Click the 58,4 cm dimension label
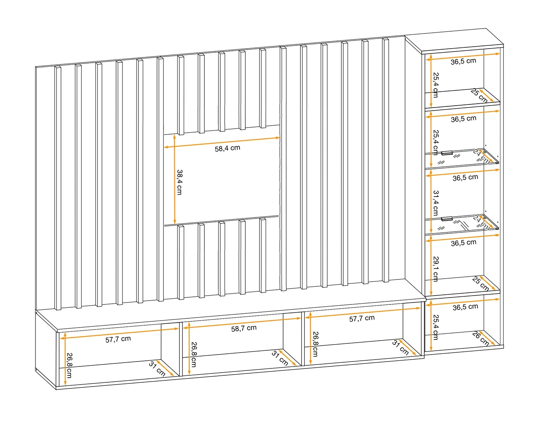click(x=228, y=148)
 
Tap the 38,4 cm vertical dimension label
click(x=179, y=182)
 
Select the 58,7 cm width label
click(x=244, y=328)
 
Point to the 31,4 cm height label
click(x=436, y=203)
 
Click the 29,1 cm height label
click(x=436, y=269)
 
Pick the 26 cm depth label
click(x=481, y=339)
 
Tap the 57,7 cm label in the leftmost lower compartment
click(x=118, y=340)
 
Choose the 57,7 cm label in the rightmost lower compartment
click(x=362, y=318)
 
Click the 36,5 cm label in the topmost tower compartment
click(x=464, y=61)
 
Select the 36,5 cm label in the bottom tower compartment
click(x=465, y=307)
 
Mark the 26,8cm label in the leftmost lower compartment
click(x=69, y=365)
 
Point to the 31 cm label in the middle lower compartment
click(x=280, y=358)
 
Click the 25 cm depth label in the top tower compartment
click(x=479, y=96)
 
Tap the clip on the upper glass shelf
click(x=447, y=153)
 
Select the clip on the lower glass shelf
click(x=447, y=219)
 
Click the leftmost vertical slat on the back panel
click(x=58, y=188)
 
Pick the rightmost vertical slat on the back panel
click(x=386, y=160)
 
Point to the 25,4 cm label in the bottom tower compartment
click(x=436, y=327)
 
